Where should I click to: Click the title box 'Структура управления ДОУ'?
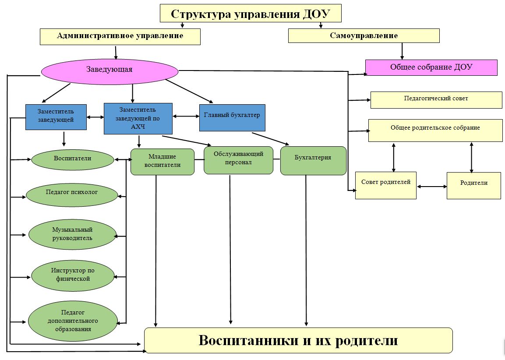251,13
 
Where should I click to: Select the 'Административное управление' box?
120,36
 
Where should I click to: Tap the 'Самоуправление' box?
364,36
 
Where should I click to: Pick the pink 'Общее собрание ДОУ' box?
431,67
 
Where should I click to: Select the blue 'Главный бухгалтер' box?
232,117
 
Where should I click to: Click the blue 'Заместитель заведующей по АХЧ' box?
138,119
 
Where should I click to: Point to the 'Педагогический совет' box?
436,100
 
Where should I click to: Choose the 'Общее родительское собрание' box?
435,131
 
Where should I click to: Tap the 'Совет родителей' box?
386,185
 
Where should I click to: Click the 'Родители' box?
474,185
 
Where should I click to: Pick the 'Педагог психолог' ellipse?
72,194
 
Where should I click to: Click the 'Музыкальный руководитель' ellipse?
72,234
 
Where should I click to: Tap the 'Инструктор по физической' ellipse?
73,276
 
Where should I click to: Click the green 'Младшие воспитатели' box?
162,162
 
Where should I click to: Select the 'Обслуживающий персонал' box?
238,160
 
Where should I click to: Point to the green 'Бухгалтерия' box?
313,161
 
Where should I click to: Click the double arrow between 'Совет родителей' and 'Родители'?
431,186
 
